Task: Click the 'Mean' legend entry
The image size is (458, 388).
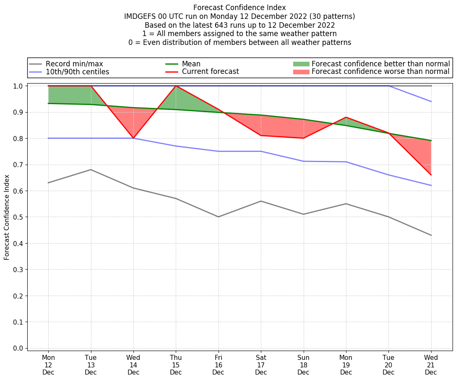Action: [x=191, y=64]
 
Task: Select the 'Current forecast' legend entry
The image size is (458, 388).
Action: [x=210, y=71]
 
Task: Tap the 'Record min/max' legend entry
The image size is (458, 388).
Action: [x=74, y=64]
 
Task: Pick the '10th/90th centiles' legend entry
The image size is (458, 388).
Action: [x=77, y=72]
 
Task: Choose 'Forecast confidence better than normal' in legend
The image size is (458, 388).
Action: [x=380, y=64]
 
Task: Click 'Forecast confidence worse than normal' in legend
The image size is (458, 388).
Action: [x=380, y=72]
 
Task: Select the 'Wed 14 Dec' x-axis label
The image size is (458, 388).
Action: [x=133, y=365]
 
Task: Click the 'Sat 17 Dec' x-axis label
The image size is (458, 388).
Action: [x=261, y=365]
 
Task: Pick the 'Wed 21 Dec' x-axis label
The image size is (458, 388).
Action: [x=431, y=365]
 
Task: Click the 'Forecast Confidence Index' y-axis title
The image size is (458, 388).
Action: [x=7, y=217]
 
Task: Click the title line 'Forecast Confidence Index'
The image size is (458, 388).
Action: [x=239, y=8]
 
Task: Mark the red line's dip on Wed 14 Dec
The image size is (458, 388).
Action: [x=133, y=138]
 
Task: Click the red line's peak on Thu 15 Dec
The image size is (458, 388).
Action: [x=176, y=86]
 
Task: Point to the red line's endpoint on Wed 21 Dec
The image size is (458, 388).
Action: [x=431, y=175]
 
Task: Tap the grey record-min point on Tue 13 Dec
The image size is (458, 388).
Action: [x=91, y=170]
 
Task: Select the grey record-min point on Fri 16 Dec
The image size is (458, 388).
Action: [x=219, y=217]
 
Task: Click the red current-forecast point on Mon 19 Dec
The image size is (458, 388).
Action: [x=346, y=117]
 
